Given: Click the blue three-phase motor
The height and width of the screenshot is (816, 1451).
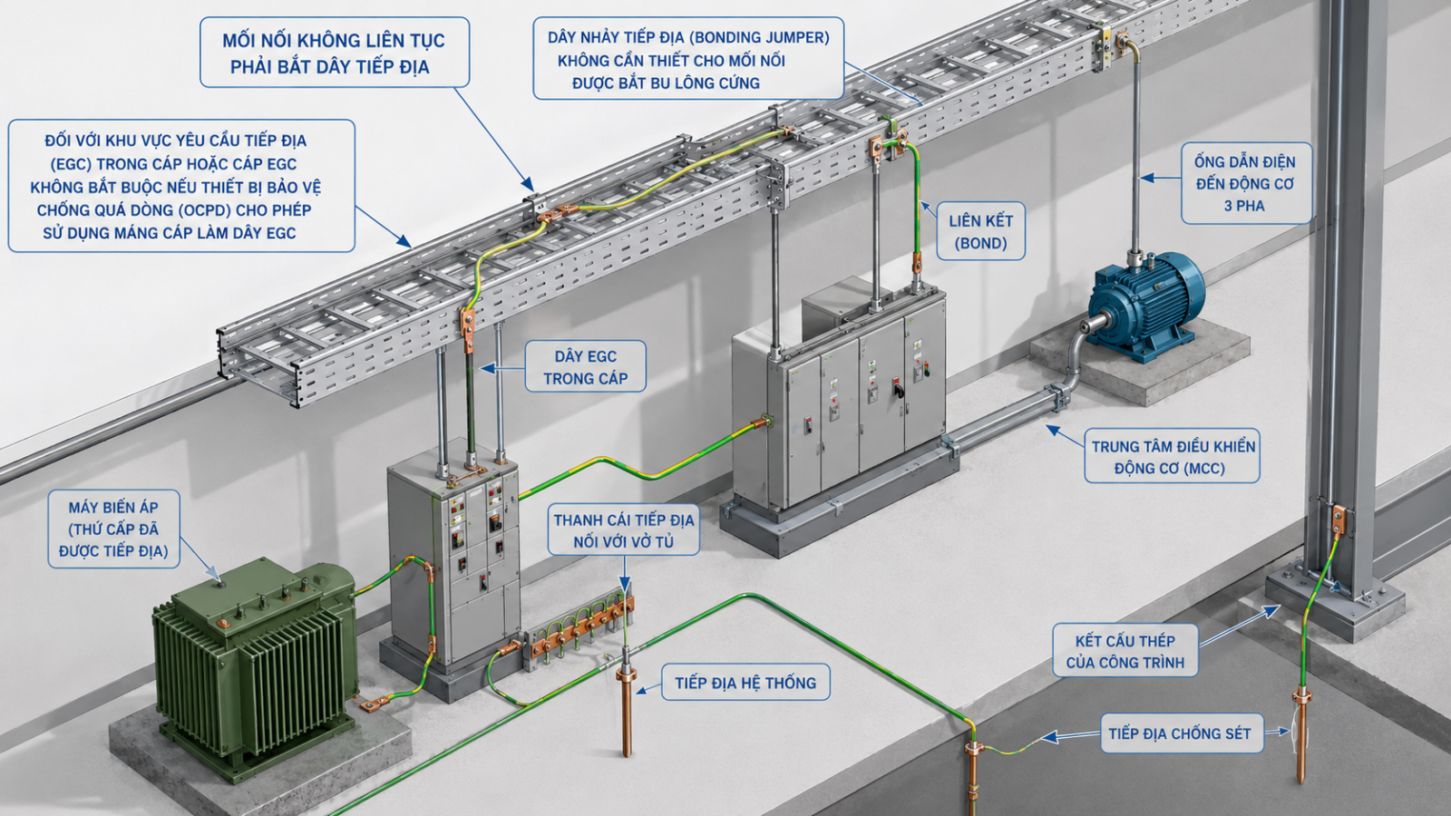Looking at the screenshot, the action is click(x=1144, y=306).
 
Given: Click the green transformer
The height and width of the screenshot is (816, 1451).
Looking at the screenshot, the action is click(x=254, y=667).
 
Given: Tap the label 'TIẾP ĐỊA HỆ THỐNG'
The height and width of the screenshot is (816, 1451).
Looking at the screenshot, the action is click(x=745, y=683).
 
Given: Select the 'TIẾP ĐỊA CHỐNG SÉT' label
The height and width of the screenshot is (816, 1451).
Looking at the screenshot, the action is click(x=1182, y=733).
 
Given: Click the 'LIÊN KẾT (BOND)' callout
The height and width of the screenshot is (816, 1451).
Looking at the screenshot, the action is click(x=980, y=232).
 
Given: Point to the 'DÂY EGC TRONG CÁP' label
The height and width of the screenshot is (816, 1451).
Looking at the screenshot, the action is click(x=586, y=366).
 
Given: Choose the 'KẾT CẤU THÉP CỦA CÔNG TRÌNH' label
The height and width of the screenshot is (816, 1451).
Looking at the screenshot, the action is click(x=1125, y=651).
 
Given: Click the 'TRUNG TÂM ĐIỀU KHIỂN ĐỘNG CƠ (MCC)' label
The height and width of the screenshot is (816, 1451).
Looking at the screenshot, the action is click(x=1173, y=457).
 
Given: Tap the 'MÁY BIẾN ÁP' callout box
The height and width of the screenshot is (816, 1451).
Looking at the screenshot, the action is click(x=114, y=529).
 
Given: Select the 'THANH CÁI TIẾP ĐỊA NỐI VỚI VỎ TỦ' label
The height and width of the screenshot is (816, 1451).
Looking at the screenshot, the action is click(x=624, y=529).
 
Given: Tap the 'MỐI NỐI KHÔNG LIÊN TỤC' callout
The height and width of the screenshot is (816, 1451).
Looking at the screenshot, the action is click(x=335, y=53).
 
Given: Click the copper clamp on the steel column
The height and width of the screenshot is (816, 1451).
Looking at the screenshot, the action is click(x=1337, y=520).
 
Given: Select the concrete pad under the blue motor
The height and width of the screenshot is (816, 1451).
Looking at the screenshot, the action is click(x=1140, y=366).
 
